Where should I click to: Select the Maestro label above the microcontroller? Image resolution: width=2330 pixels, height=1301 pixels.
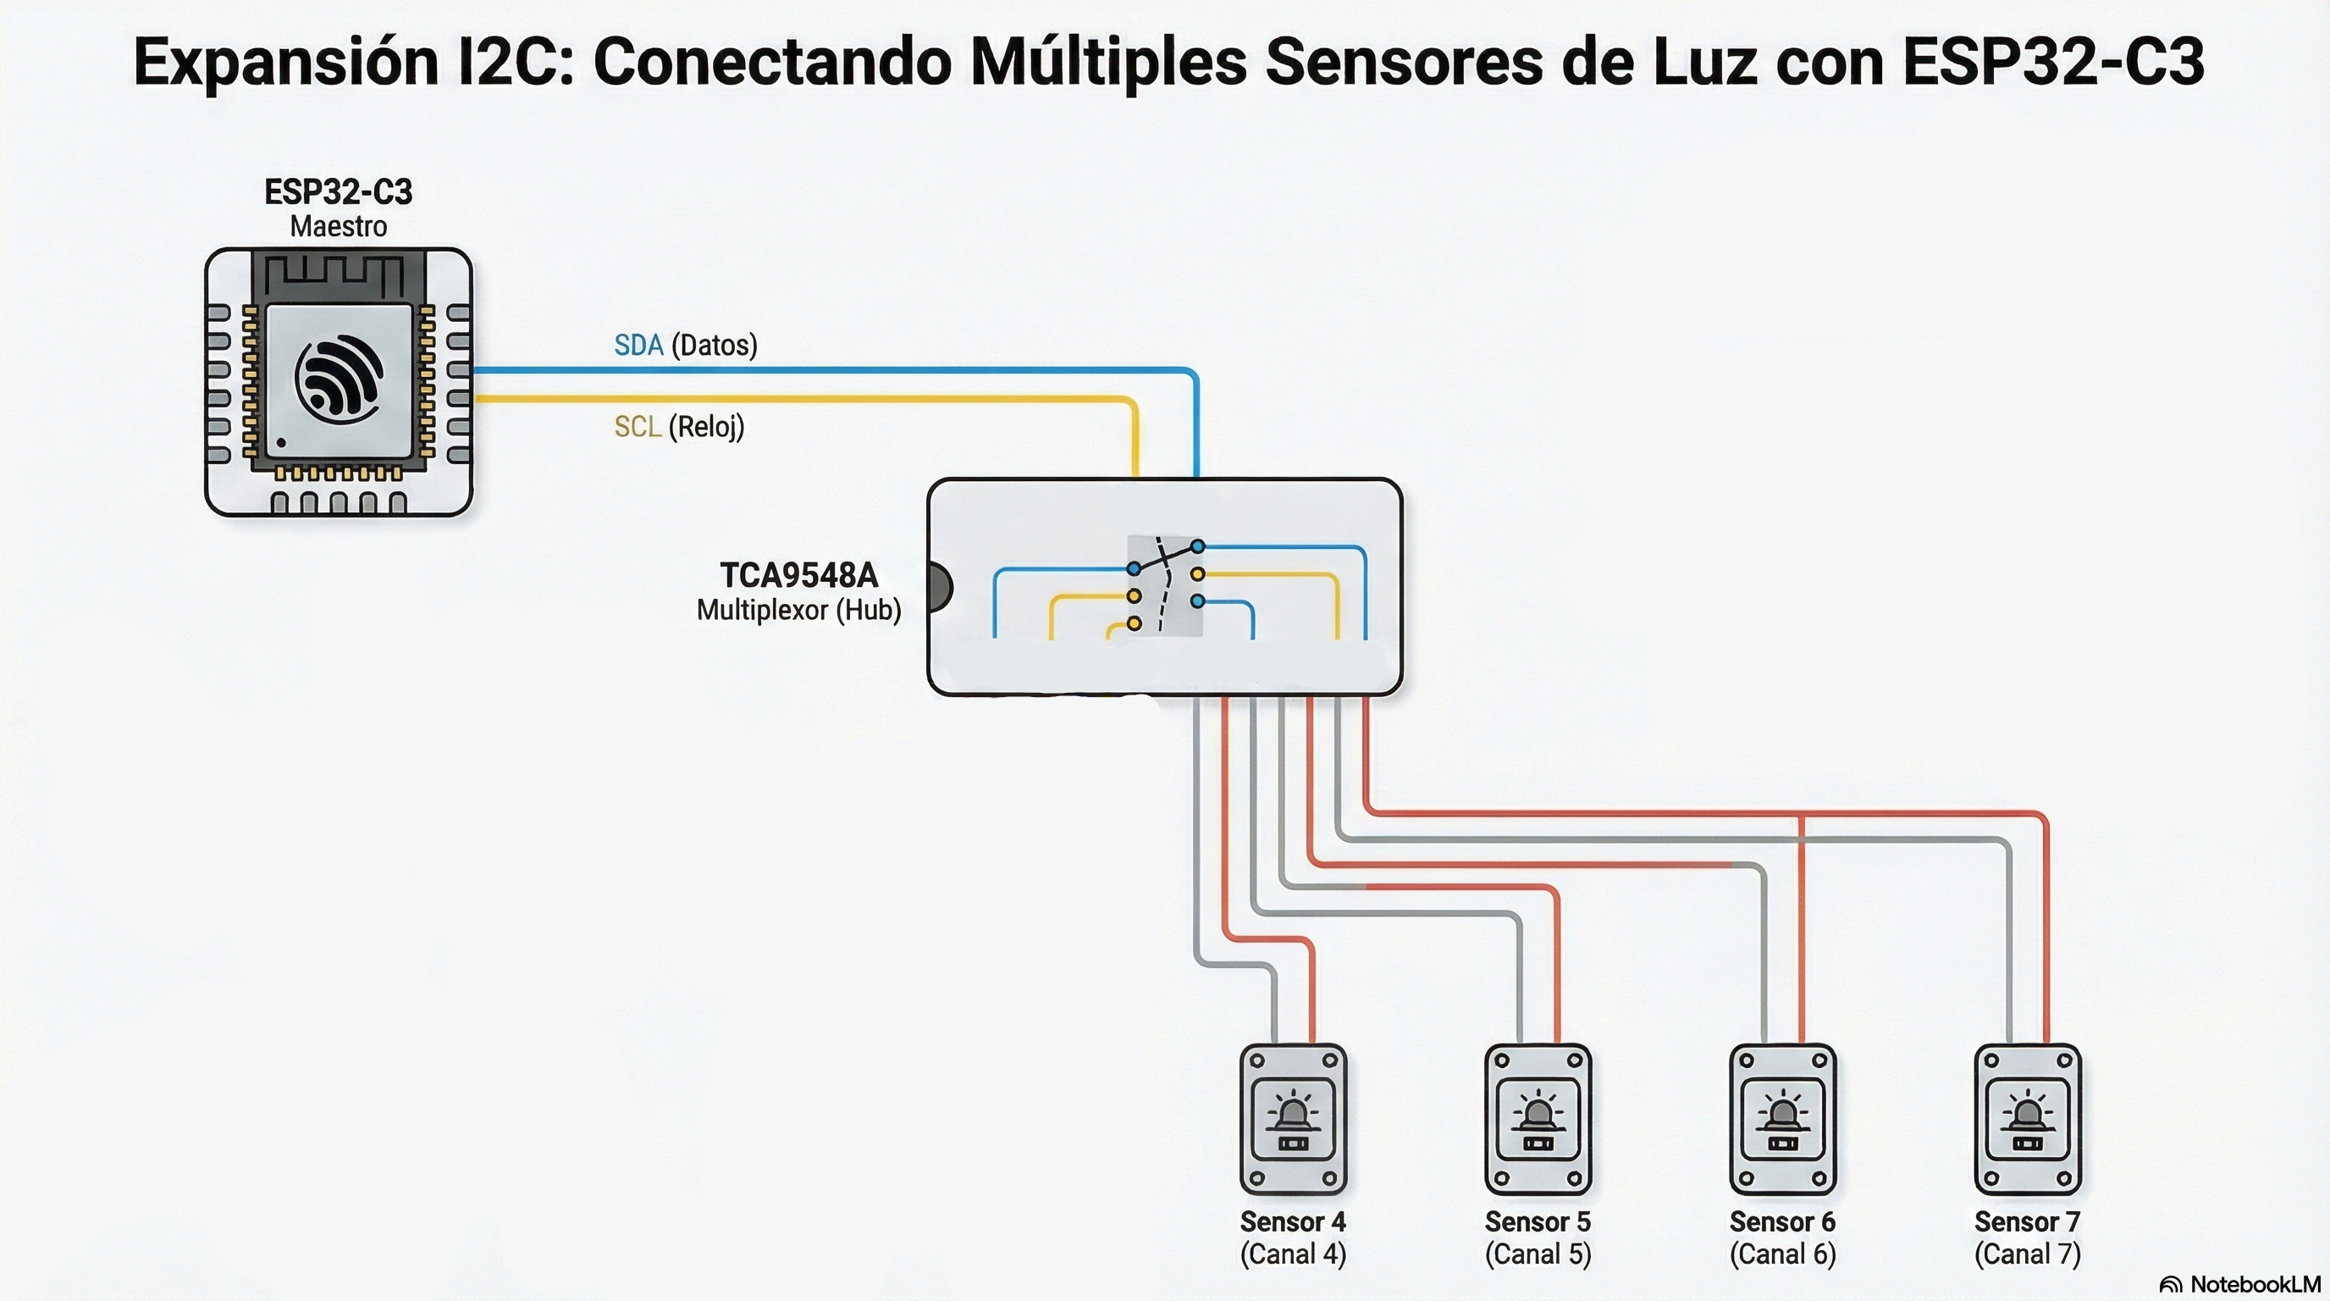[339, 226]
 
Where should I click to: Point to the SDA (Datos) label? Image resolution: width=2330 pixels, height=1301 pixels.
[685, 345]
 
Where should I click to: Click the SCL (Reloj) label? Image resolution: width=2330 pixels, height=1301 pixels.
[678, 426]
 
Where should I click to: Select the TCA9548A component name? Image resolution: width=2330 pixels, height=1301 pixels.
[798, 575]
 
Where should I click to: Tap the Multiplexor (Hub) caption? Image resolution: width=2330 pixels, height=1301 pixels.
[798, 610]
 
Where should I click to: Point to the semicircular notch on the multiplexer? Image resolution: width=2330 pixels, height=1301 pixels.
[939, 586]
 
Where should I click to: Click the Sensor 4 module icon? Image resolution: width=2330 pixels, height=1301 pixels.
[1293, 1119]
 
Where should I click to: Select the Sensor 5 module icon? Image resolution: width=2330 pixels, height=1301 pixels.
[1538, 1119]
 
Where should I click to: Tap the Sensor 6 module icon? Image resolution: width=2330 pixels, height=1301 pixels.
[1782, 1119]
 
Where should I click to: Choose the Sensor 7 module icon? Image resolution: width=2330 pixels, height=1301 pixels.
[2027, 1119]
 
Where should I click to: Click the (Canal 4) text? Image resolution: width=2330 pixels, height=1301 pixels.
[1293, 1255]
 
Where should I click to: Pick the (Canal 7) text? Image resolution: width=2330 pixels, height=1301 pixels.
[2027, 1255]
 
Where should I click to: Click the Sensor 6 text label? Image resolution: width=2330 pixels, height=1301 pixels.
[1782, 1222]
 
